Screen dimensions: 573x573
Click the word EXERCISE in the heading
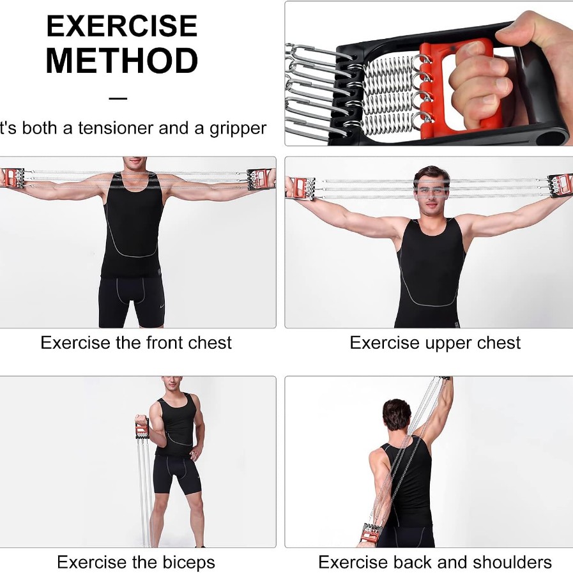122,26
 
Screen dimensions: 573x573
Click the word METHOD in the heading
122,61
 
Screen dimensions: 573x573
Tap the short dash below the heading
118,98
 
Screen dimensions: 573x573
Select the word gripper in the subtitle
238,129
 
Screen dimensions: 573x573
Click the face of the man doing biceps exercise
172,384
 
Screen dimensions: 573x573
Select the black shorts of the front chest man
132,302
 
